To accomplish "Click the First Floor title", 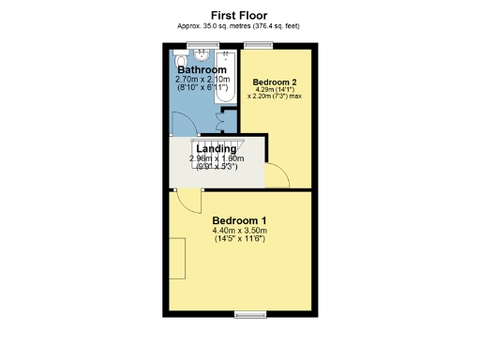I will [x=239, y=15].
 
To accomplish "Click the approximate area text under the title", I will [x=239, y=26].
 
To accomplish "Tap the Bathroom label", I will [x=202, y=70].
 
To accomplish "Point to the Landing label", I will [x=216, y=148].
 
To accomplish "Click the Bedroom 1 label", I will [x=239, y=220].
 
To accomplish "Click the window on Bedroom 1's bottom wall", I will [x=247, y=313].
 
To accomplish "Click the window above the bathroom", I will [x=197, y=45].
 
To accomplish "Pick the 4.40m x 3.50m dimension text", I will [x=239, y=232].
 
